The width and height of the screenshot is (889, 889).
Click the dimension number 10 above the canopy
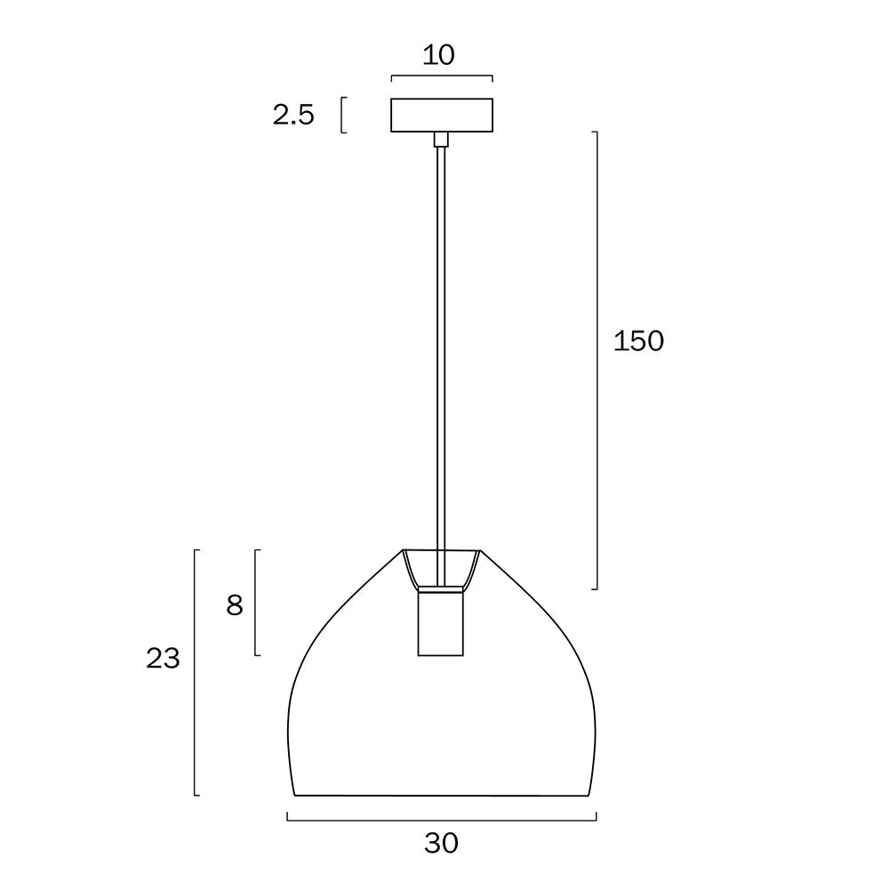439,55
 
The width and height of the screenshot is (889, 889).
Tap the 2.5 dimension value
293,115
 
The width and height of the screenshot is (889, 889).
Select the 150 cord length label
638,341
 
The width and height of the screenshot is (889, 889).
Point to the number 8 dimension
235,605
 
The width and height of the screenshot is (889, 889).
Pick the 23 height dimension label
163,658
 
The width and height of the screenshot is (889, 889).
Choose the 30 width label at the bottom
441,844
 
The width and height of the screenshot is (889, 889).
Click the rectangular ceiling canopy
442,115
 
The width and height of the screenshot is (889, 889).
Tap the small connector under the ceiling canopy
441,140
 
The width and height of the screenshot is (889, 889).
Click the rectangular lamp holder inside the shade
441,623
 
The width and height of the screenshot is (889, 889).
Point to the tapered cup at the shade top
441,569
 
